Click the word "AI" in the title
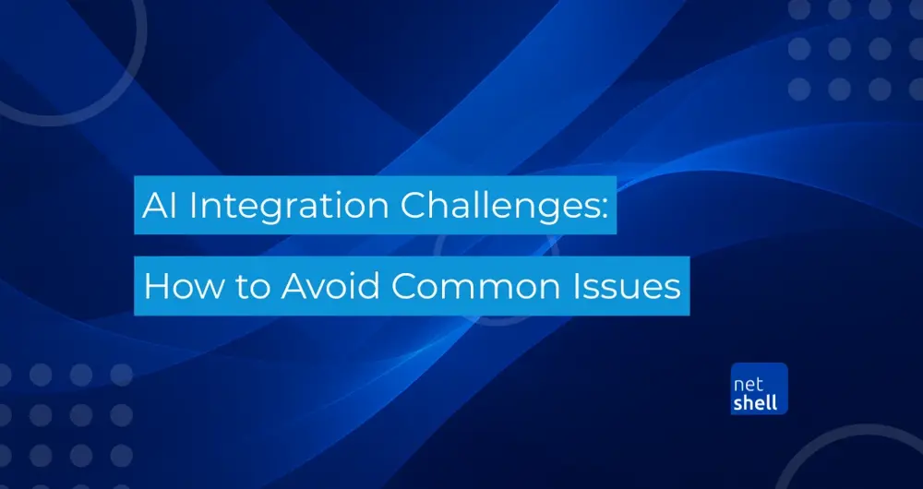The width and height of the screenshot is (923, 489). (159, 205)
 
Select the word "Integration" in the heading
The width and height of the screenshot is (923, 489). (288, 208)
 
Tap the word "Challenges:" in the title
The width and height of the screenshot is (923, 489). (503, 208)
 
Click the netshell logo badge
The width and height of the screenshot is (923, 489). (760, 388)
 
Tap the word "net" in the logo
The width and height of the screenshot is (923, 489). (749, 385)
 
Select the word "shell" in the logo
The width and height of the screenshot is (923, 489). (756, 402)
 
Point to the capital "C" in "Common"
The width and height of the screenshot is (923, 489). (404, 286)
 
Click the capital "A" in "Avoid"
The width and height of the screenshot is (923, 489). (294, 286)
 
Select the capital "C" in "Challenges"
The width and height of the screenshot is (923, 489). (414, 205)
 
